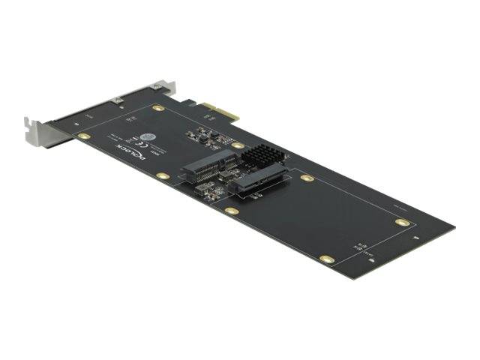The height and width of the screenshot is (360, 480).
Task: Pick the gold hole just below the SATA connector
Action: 232,211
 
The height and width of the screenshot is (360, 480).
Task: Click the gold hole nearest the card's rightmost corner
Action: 403,223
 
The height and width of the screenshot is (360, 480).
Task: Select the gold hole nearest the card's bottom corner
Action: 326,259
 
